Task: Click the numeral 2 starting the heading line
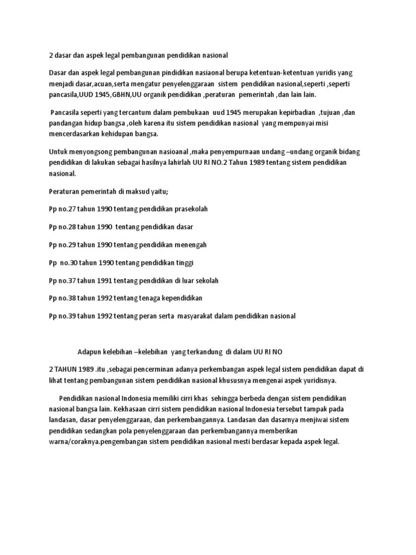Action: coord(51,55)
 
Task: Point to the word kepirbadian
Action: coord(289,113)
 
